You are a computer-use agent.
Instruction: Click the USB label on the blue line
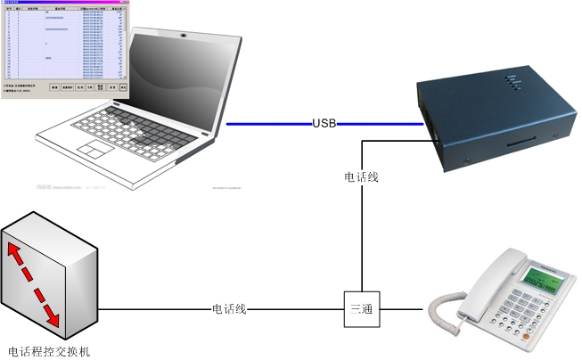(x=324, y=123)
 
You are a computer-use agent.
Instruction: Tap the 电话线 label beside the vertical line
(x=361, y=177)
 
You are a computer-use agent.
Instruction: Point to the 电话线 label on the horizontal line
(x=228, y=309)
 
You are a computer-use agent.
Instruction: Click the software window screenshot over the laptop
(x=64, y=48)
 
